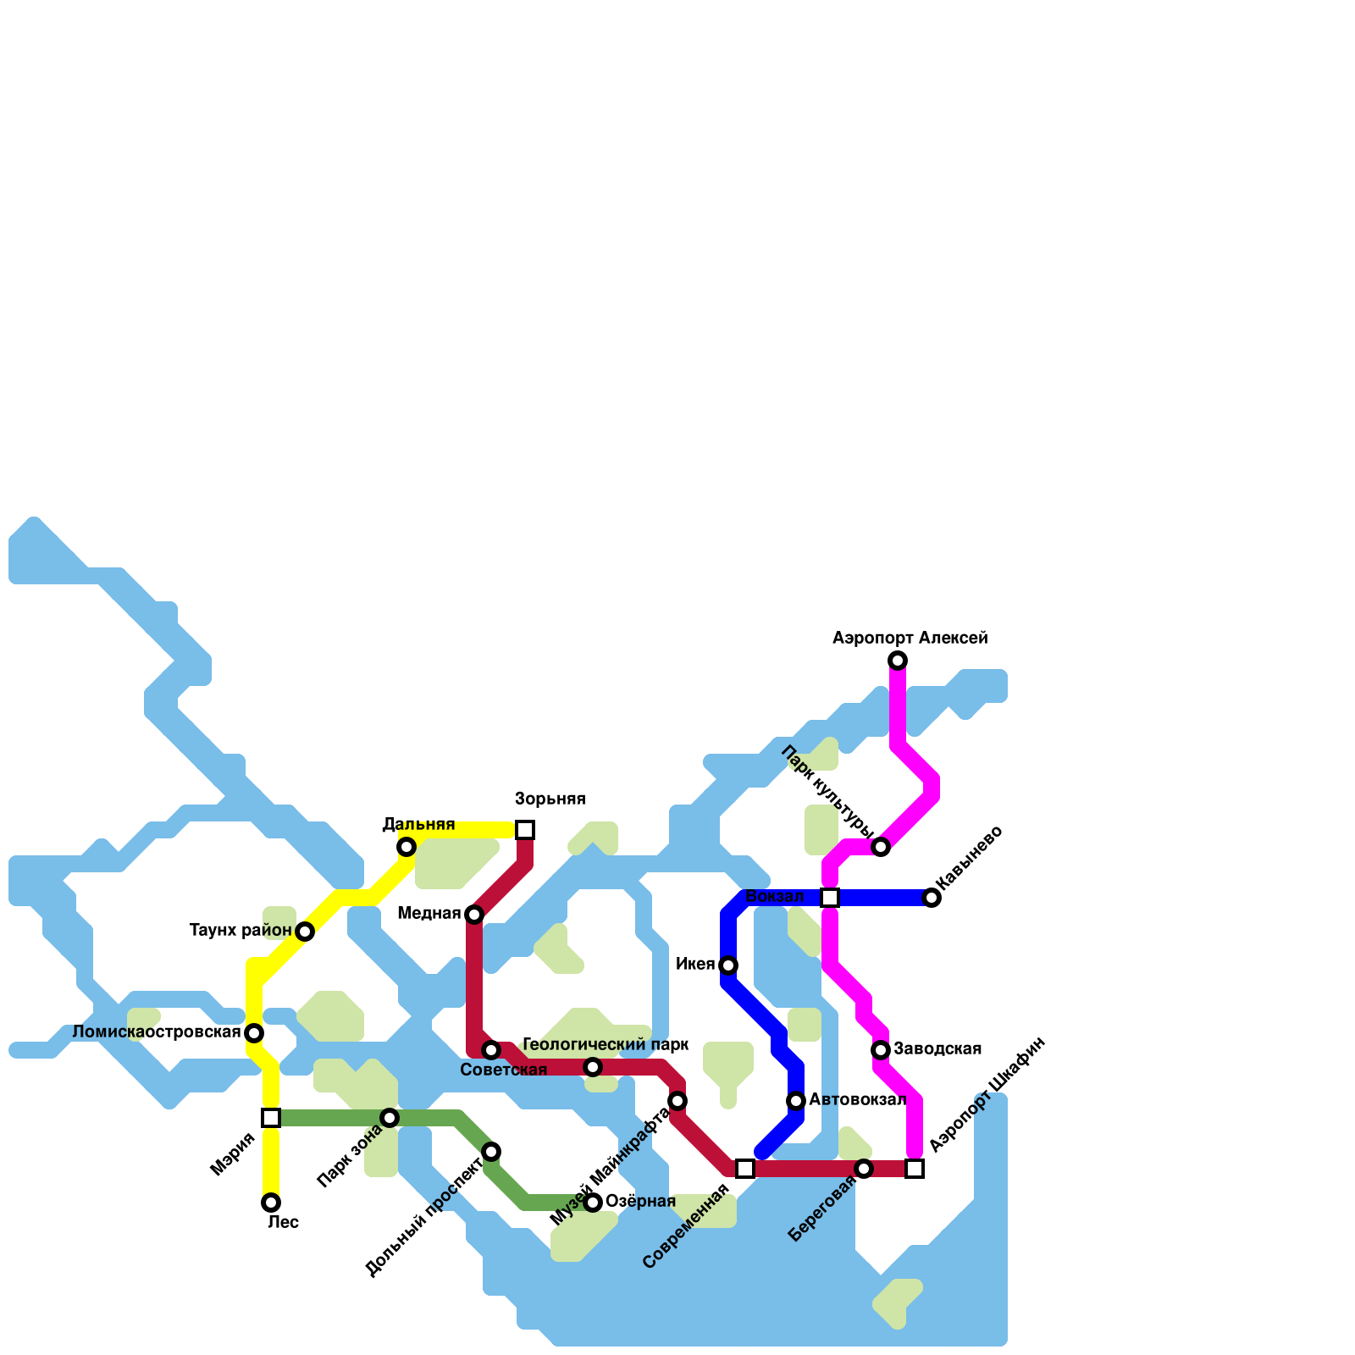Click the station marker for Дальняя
pyautogui.click(x=406, y=847)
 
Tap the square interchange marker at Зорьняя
pyautogui.click(x=525, y=830)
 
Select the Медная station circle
pyautogui.click(x=474, y=915)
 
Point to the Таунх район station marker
pyautogui.click(x=305, y=932)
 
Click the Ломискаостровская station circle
pyautogui.click(x=254, y=1033)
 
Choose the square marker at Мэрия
pyautogui.click(x=271, y=1118)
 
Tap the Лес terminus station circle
pyautogui.click(x=271, y=1203)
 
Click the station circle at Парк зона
pyautogui.click(x=390, y=1118)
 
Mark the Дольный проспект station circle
pyautogui.click(x=491, y=1152)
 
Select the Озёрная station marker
pyautogui.click(x=593, y=1203)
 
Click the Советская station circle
pyautogui.click(x=491, y=1050)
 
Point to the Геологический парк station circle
pyautogui.click(x=593, y=1067)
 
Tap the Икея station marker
pyautogui.click(x=728, y=965)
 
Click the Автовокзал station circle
pyautogui.click(x=796, y=1101)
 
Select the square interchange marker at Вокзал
pyautogui.click(x=830, y=898)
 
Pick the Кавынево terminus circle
pyautogui.click(x=932, y=898)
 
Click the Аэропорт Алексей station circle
pyautogui.click(x=898, y=661)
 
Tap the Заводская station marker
pyautogui.click(x=881, y=1050)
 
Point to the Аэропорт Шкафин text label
pyautogui.click(x=987, y=1094)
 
